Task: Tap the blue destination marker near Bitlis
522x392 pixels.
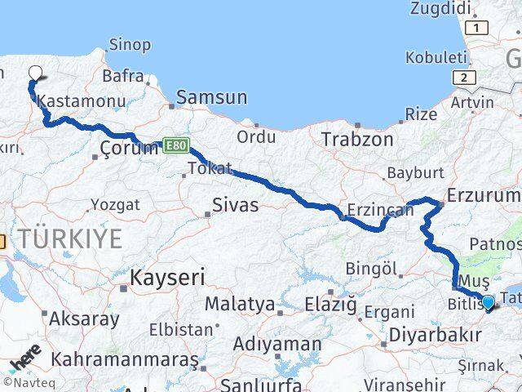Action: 488,303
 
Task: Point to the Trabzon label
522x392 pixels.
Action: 356,140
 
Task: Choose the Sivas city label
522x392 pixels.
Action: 235,205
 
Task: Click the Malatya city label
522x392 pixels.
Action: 239,304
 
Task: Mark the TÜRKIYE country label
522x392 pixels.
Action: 71,239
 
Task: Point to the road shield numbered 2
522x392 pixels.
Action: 465,77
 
